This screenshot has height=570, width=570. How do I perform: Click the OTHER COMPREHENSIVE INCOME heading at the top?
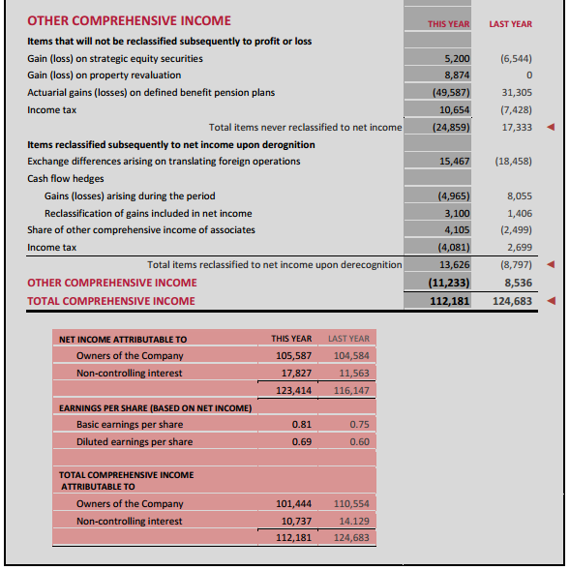click(129, 20)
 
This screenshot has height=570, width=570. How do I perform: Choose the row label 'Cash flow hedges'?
click(66, 178)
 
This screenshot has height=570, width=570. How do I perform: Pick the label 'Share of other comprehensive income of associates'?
click(141, 230)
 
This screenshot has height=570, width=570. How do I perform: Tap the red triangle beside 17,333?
click(551, 127)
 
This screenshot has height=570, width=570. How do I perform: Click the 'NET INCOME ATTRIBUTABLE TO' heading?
click(123, 340)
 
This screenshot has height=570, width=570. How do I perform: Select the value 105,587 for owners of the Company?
click(291, 355)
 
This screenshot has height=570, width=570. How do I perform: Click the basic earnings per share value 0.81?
click(301, 425)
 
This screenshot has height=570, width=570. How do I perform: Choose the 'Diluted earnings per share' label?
click(135, 442)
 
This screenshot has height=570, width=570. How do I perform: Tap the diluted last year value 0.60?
click(359, 442)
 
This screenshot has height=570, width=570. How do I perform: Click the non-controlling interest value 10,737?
click(294, 522)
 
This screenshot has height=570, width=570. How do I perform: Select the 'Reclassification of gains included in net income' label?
click(148, 213)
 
